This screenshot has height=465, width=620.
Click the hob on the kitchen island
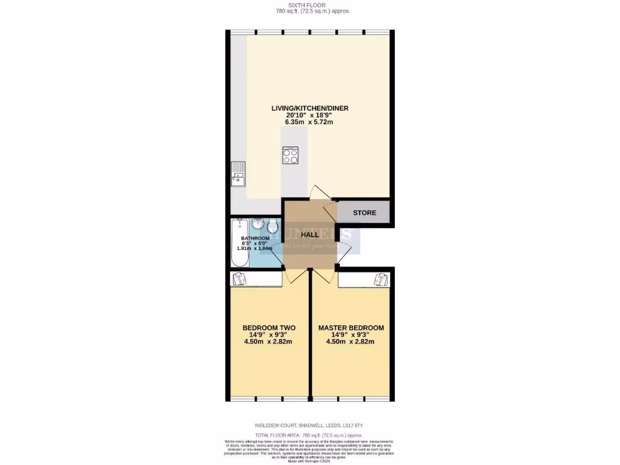(x=290, y=156)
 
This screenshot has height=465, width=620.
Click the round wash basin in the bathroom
(x=258, y=225)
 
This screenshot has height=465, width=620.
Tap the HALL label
(x=310, y=234)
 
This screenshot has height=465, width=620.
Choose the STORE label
(x=364, y=213)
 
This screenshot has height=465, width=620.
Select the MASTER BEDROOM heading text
(x=351, y=328)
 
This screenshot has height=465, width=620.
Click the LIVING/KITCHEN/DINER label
(x=309, y=108)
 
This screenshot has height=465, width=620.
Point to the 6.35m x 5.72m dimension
(x=309, y=122)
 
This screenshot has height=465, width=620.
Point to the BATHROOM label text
(x=255, y=239)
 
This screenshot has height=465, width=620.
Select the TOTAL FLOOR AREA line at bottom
(x=309, y=435)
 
